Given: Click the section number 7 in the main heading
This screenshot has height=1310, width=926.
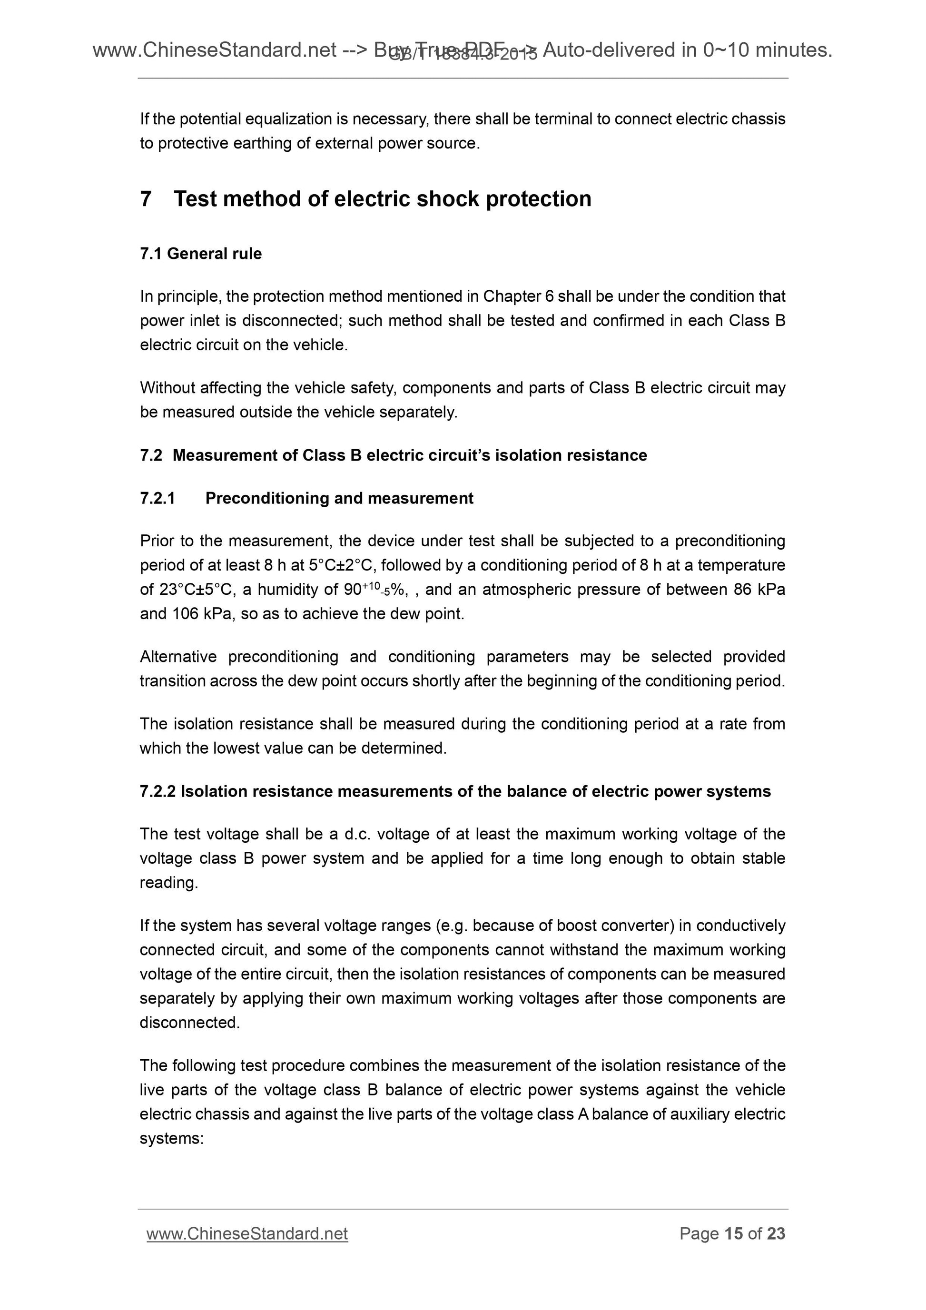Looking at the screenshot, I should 146,199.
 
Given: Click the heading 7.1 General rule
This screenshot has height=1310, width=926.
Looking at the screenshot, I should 201,254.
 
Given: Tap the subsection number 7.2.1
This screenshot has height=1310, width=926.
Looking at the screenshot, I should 158,499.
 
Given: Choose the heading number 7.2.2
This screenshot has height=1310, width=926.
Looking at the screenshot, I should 158,792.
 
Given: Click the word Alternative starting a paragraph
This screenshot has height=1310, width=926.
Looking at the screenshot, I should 178,657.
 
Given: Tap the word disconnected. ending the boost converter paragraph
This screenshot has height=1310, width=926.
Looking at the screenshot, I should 190,1023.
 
